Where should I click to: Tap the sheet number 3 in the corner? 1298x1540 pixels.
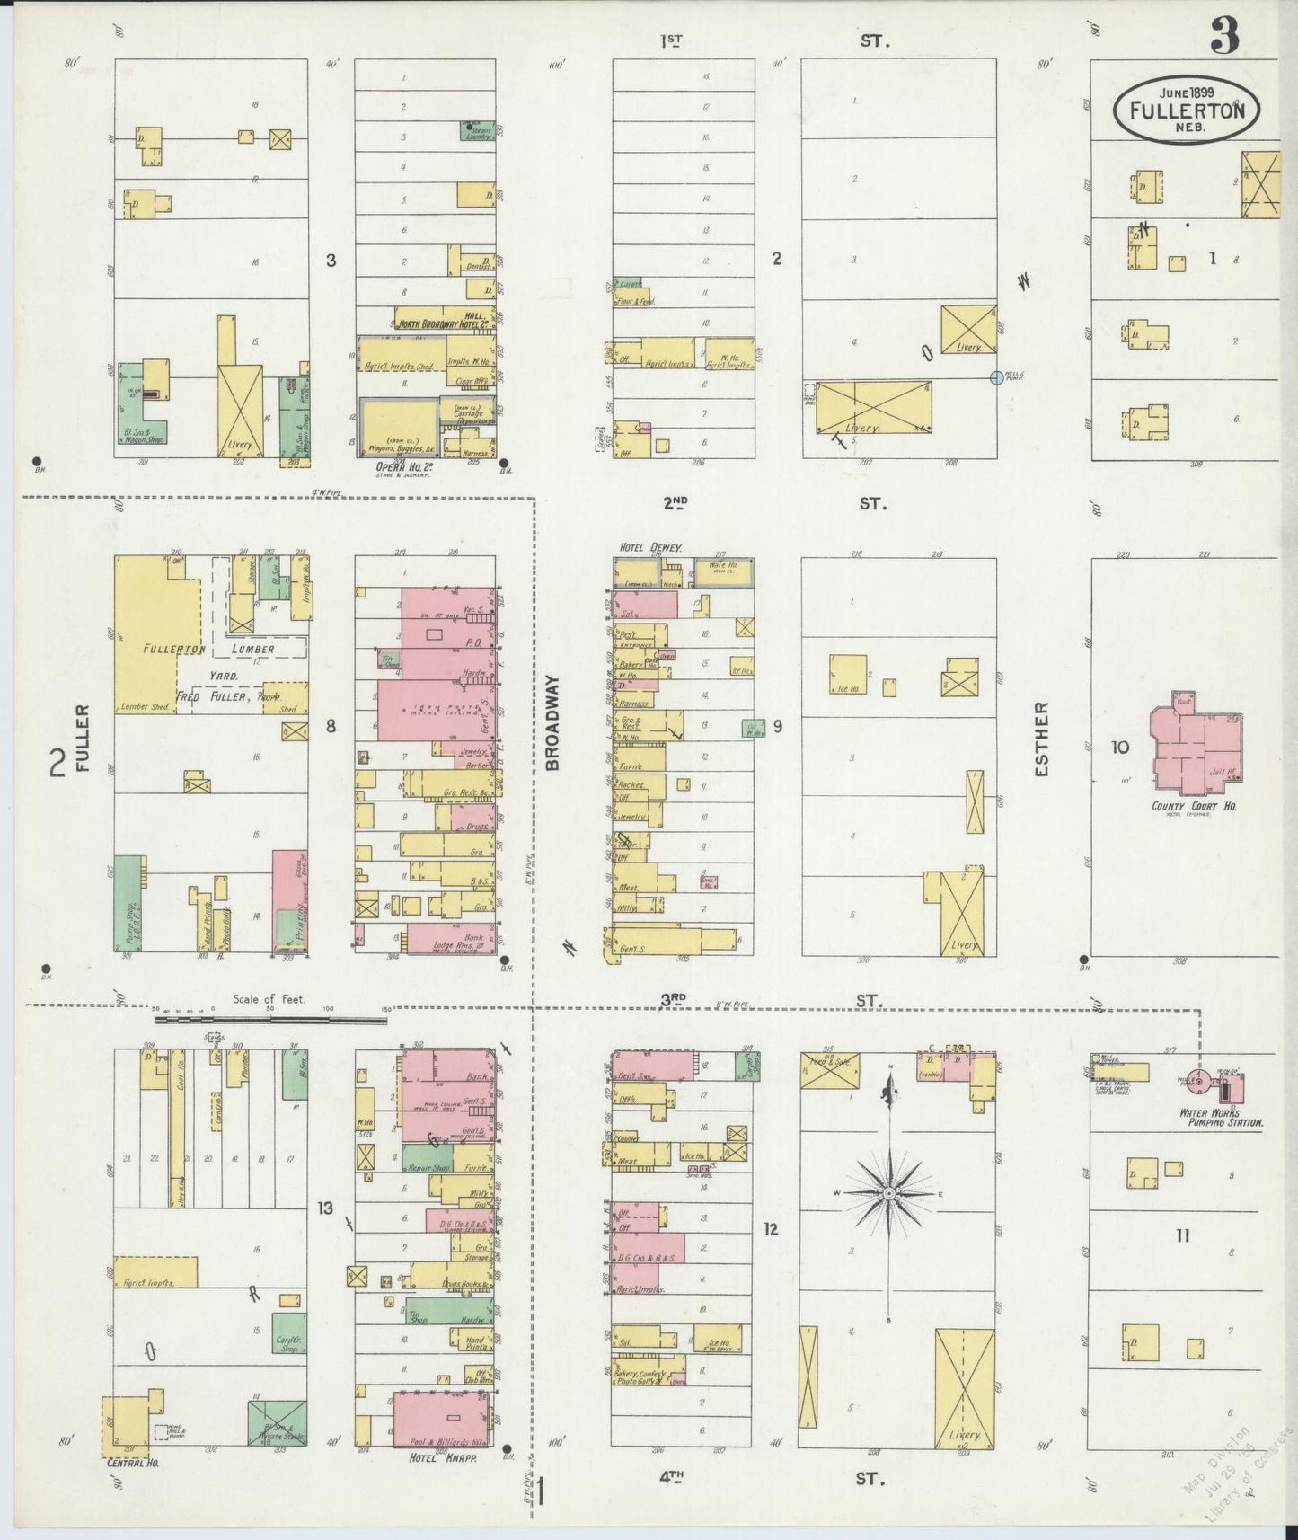(x=1224, y=37)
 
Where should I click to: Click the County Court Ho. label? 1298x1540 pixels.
(x=1194, y=806)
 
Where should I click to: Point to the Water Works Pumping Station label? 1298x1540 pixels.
(x=1222, y=1118)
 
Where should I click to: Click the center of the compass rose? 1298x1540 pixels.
(x=889, y=1193)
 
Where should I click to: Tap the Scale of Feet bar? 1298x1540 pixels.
(x=269, y=1020)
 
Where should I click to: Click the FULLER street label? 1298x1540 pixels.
(x=83, y=739)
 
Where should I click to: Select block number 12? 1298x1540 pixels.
(x=770, y=1228)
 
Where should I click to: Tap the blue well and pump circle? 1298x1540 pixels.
(x=995, y=378)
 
